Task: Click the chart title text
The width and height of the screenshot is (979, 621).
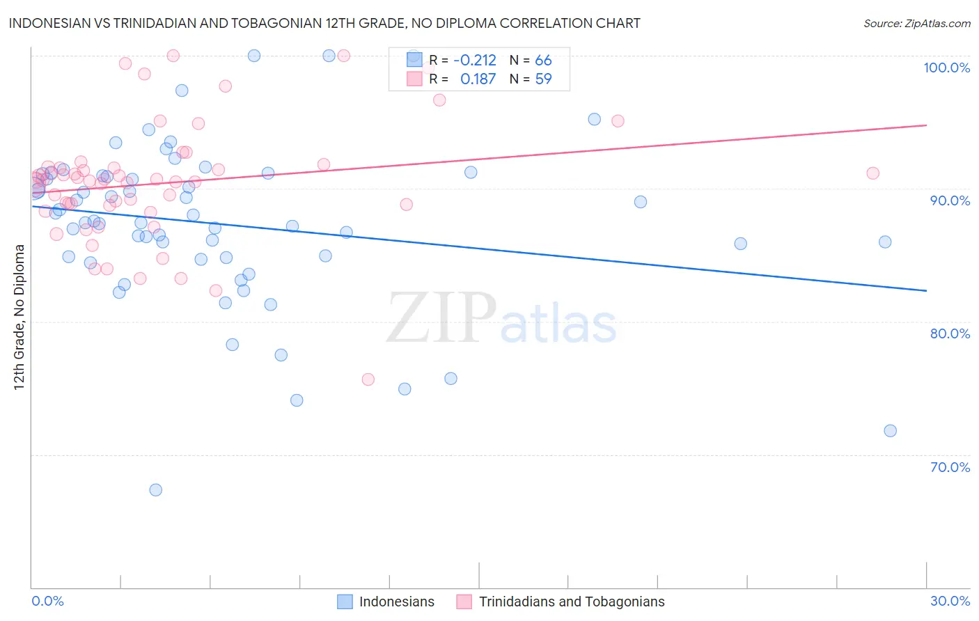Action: click(324, 23)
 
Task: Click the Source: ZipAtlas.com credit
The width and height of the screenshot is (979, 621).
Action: click(916, 23)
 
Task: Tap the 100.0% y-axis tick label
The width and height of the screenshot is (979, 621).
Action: click(946, 68)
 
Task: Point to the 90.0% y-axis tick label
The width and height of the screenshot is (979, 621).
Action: click(950, 201)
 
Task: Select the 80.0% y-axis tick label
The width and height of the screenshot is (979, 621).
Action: click(950, 333)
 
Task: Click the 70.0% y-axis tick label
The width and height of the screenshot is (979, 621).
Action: click(950, 467)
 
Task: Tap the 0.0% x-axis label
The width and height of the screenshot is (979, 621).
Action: click(47, 601)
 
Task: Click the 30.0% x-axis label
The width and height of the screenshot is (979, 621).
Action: click(950, 601)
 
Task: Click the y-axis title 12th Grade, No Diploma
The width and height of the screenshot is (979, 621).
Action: click(19, 317)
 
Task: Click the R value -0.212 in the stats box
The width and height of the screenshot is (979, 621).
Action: click(474, 60)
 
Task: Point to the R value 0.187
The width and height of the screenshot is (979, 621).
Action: click(478, 79)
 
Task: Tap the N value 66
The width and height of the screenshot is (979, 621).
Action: click(543, 60)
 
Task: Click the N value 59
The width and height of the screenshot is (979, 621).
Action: click(543, 79)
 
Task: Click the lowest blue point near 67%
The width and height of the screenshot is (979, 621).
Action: click(156, 490)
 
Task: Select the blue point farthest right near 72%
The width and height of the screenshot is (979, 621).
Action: click(890, 431)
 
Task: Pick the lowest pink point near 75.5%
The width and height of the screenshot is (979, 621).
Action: click(368, 379)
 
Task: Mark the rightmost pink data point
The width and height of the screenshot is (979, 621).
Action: click(872, 173)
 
